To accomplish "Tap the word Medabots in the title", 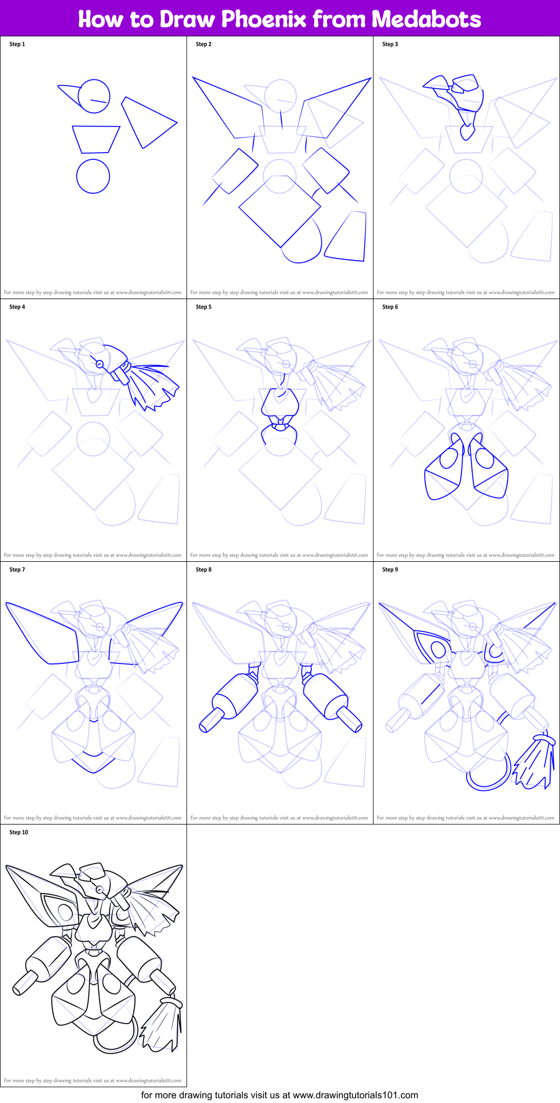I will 426,19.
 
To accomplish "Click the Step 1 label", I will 17,44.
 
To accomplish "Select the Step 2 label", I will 203,44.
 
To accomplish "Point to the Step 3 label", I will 390,44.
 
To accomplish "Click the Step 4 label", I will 17,307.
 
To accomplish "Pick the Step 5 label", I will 203,307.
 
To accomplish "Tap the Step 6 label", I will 390,307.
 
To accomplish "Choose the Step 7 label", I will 17,570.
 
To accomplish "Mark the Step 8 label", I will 203,570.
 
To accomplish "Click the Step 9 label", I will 390,570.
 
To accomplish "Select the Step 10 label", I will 18,832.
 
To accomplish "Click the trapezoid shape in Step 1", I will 96,140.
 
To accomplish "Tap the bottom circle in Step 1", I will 93,176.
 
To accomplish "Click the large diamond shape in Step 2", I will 280,211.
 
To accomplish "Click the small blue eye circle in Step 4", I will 99,363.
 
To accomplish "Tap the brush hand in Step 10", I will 163,1024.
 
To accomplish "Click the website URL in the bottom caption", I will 355,1095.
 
